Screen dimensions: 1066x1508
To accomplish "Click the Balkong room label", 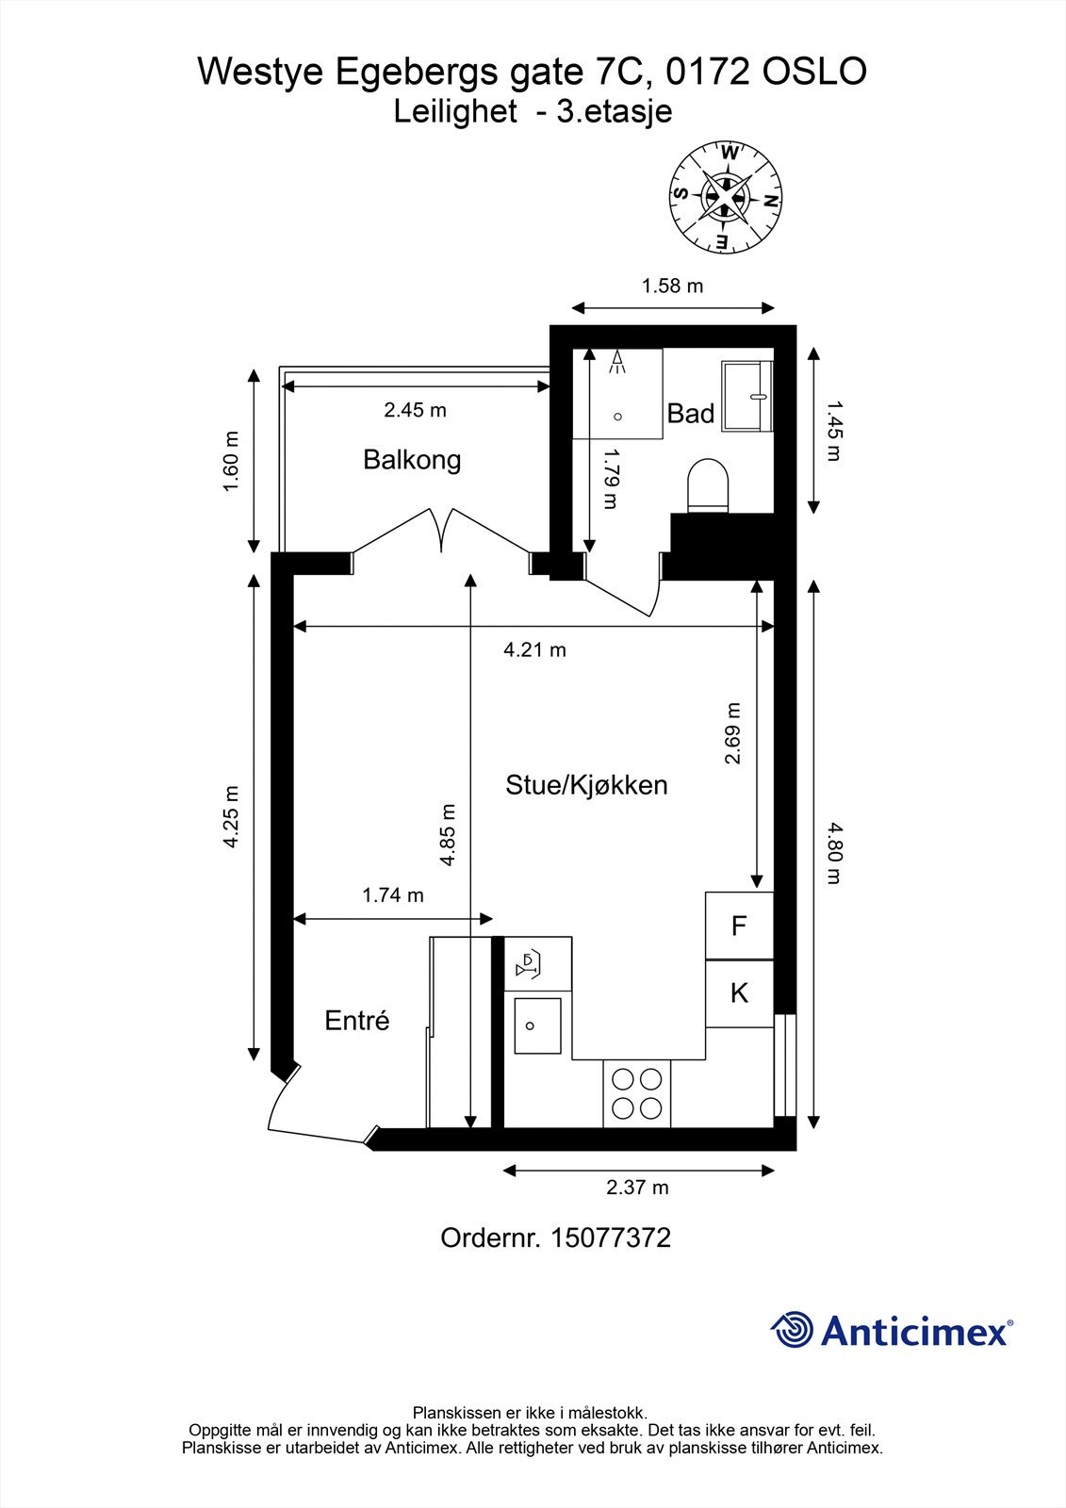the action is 412,460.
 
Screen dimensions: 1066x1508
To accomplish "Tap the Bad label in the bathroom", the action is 690,414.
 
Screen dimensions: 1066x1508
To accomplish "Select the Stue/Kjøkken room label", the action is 586,785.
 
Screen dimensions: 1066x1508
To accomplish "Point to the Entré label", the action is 357,1021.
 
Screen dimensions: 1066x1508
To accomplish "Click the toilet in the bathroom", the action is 708,485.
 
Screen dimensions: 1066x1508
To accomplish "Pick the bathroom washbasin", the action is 746,396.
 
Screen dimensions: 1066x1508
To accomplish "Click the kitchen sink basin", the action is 537,1025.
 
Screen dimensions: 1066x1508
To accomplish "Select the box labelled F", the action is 739,926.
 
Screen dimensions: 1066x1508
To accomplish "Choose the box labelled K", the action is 739,993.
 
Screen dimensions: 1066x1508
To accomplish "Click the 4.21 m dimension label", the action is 534,649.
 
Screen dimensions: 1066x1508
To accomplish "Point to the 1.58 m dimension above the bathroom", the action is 672,287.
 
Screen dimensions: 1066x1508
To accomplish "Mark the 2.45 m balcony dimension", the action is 415,409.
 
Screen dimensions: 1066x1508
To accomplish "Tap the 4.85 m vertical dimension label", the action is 447,834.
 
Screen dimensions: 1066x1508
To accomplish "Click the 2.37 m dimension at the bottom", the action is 637,1187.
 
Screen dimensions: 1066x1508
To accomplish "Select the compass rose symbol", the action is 725,197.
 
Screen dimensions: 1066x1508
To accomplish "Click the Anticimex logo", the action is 892,1330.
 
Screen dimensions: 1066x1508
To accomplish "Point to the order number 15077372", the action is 611,1238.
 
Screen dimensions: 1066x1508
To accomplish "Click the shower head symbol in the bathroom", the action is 617,363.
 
